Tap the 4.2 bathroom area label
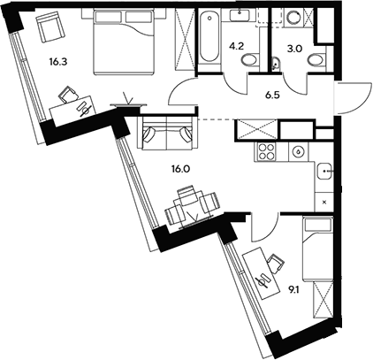click(237, 46)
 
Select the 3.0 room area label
click(295, 49)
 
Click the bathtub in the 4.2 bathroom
click(209, 37)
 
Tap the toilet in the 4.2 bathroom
click(250, 61)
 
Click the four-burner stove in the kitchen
click(265, 151)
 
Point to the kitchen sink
click(324, 171)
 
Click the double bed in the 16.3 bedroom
click(124, 42)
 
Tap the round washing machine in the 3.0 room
click(293, 17)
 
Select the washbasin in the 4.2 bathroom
click(240, 15)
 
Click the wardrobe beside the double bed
click(185, 40)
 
